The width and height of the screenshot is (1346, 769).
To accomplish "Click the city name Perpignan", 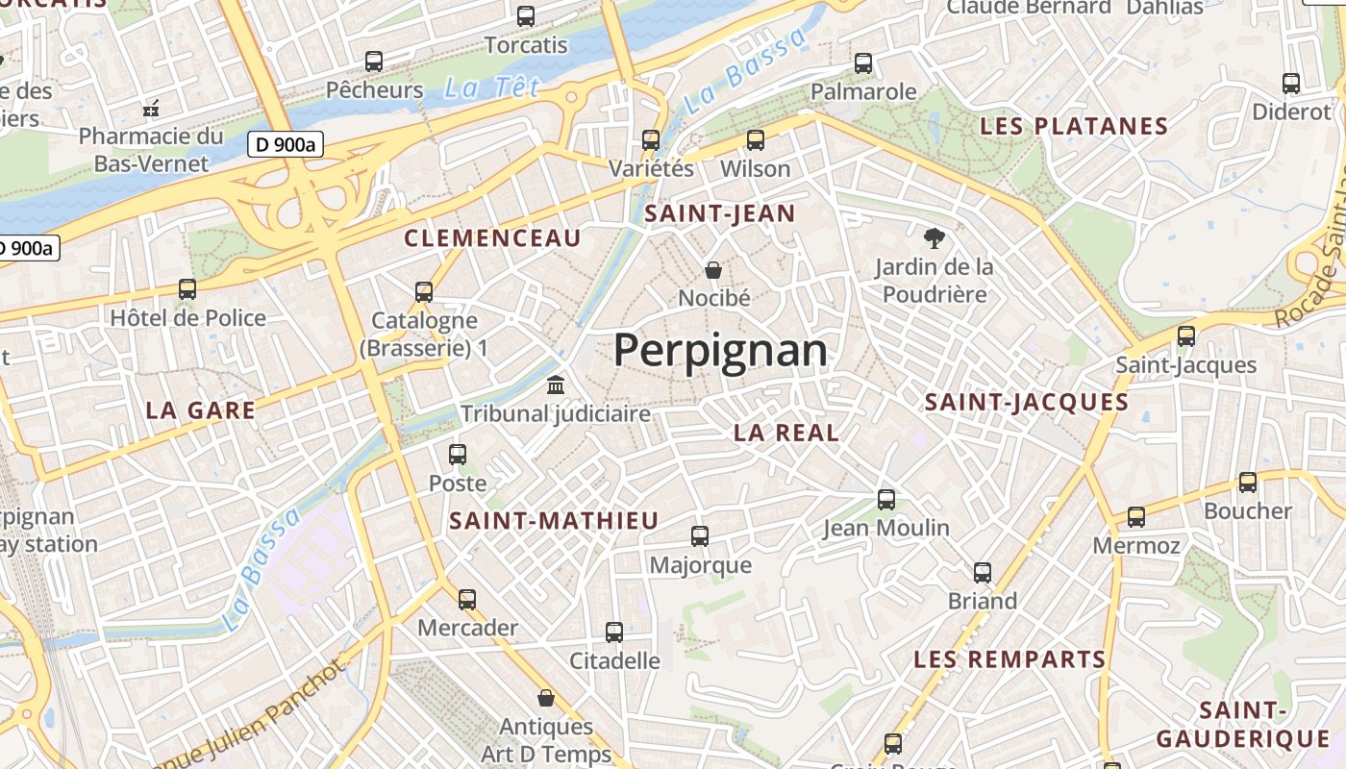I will click(x=720, y=351).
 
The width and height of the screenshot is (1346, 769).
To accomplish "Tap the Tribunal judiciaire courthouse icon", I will click(x=556, y=385).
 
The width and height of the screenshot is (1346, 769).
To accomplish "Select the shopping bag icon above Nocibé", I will click(x=713, y=269).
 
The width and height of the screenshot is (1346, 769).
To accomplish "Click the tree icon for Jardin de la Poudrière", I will click(x=934, y=237).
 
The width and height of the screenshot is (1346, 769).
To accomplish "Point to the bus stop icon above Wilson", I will click(x=756, y=140).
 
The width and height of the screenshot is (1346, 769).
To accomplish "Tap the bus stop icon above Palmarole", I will click(x=863, y=63).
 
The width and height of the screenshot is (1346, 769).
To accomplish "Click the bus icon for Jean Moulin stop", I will click(x=886, y=500).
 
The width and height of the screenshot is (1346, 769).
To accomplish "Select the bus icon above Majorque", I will click(x=700, y=536).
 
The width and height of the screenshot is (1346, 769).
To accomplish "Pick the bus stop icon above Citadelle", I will click(x=614, y=633).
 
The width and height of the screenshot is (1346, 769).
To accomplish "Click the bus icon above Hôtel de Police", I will click(x=187, y=288).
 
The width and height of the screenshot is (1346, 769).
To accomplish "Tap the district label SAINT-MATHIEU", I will click(x=555, y=521).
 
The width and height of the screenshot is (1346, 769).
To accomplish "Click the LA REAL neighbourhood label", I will click(x=786, y=433).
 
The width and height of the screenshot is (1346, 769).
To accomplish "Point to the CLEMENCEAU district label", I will click(x=493, y=238).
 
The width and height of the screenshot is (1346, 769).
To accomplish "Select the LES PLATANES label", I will click(x=1074, y=126).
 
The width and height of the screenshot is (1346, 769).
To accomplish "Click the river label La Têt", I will click(x=479, y=88).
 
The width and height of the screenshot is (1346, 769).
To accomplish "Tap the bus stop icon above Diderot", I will click(x=1291, y=84).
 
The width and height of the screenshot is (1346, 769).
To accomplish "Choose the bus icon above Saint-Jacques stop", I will click(x=1186, y=336).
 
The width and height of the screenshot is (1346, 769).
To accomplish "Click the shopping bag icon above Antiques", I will click(x=546, y=697).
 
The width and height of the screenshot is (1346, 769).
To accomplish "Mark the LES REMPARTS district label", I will click(x=1009, y=659).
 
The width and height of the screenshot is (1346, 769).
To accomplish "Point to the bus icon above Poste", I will click(x=458, y=454).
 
